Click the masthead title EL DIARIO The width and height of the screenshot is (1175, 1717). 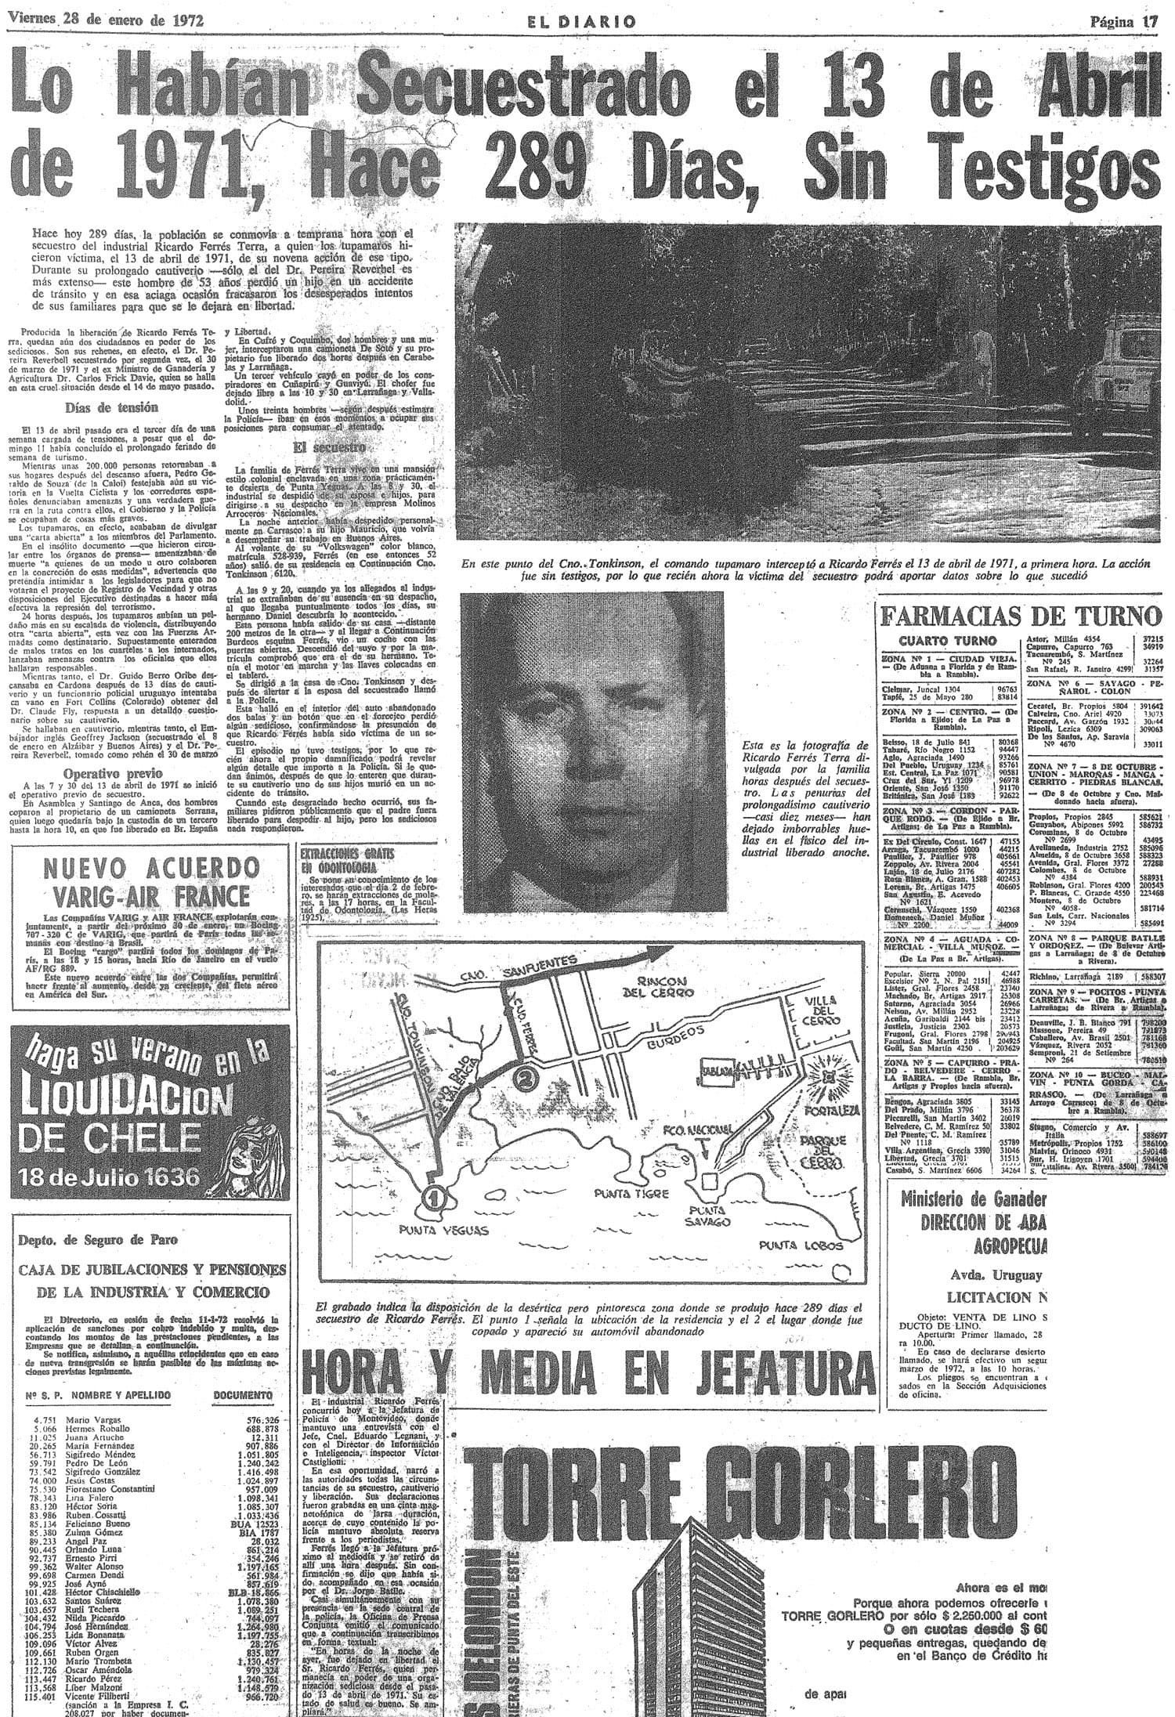[x=581, y=22]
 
